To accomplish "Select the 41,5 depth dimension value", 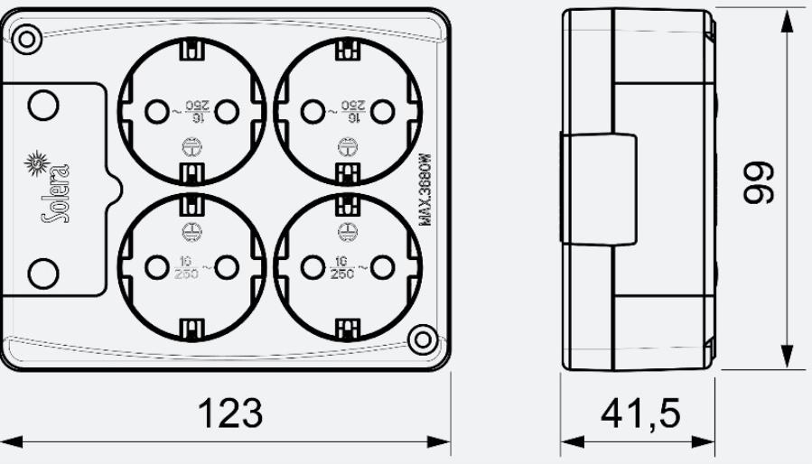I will [640, 413].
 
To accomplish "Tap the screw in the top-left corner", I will [27, 38].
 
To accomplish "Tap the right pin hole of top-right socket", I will [382, 111].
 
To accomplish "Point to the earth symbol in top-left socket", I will [191, 148].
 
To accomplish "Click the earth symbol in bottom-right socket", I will [344, 230].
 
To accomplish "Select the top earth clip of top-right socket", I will [344, 51].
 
